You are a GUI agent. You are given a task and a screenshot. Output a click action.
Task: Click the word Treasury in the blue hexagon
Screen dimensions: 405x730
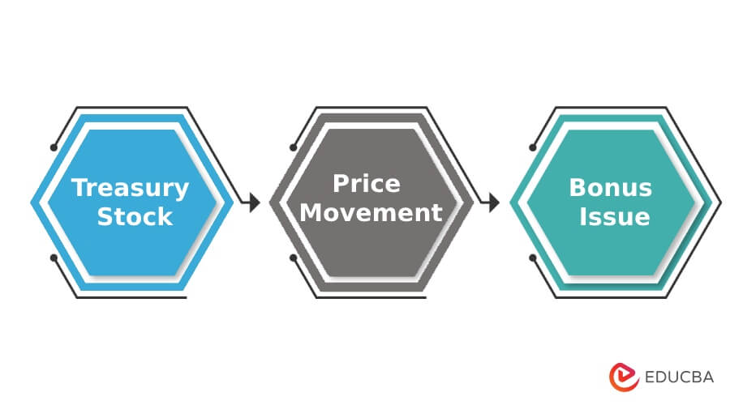point(131,188)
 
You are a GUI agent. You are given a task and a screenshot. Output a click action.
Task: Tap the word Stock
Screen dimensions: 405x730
point(135,216)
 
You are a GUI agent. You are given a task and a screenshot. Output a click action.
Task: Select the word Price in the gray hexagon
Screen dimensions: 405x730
point(367,184)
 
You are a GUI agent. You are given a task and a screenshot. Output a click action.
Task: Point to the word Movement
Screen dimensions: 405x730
point(367,213)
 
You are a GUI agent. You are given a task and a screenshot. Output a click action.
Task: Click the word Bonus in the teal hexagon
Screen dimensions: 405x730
point(610,188)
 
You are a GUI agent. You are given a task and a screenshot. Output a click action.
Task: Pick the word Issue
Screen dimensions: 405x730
point(615,216)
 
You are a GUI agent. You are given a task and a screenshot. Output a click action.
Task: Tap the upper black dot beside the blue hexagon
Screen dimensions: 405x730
point(54,147)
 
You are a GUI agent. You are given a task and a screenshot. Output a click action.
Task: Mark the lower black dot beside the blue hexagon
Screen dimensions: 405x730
point(54,258)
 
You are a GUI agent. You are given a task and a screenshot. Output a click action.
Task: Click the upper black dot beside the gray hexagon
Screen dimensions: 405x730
point(293,147)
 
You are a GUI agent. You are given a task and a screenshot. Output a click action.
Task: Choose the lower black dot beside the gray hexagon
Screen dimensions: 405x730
point(293,258)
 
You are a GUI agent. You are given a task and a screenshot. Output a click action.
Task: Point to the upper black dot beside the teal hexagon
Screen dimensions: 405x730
point(532,147)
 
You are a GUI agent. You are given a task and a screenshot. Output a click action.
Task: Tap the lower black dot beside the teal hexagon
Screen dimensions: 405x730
point(532,258)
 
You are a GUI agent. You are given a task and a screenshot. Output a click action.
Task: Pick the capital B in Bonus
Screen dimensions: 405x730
point(577,188)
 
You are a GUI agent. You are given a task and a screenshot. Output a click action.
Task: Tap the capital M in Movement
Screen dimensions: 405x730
point(302,213)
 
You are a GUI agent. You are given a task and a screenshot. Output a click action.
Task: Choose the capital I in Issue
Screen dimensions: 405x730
point(584,216)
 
